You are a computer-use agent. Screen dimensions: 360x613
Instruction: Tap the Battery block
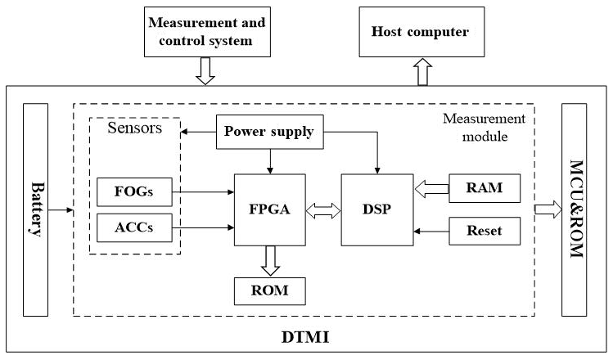pos(36,209)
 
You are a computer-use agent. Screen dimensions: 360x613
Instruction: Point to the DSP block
pos(376,209)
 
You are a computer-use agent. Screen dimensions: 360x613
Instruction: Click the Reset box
pos(486,232)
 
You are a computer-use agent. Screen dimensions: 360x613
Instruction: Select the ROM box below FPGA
pos(269,290)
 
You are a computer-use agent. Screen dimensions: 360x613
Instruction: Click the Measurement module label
pos(479,127)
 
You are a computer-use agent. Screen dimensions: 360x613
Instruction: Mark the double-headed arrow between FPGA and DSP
pos(323,209)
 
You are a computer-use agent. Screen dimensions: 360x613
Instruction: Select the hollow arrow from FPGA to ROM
pos(269,260)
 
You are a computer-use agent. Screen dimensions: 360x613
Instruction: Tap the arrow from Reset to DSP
pos(431,232)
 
